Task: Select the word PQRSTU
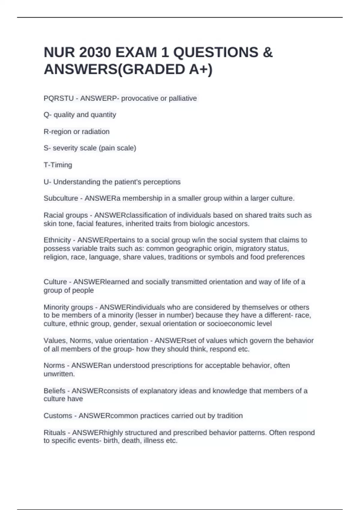point(58,98)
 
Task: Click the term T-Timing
point(58,165)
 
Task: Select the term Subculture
point(61,198)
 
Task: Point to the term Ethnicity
point(57,240)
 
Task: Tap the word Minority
point(55,307)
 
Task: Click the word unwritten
point(58,374)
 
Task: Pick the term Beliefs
point(54,391)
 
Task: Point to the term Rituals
point(55,433)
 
